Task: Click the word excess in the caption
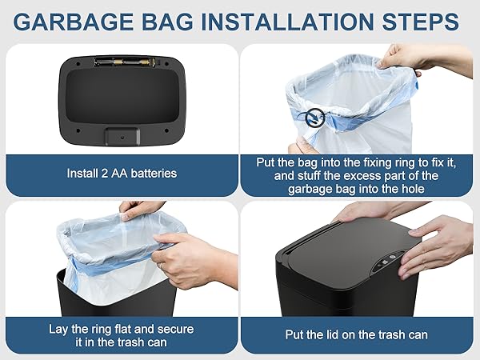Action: point(371,176)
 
